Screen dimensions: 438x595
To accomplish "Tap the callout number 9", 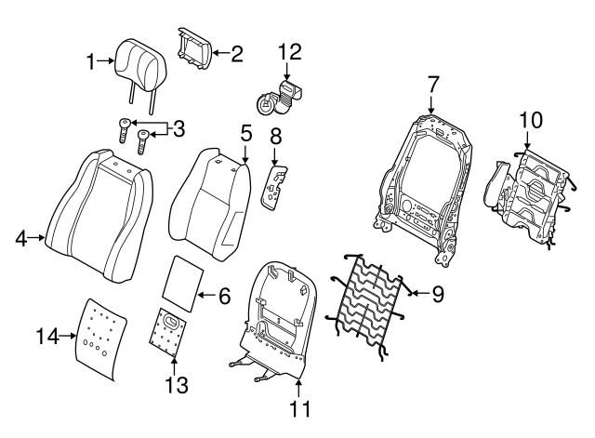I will pos(438,293).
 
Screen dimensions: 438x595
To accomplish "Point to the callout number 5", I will pos(245,133).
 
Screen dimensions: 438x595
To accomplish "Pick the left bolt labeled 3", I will pos(125,130).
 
